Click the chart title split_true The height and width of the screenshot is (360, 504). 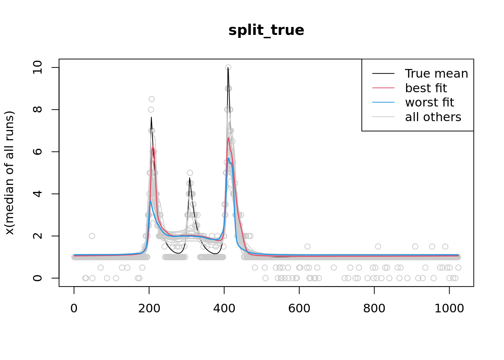click(x=266, y=30)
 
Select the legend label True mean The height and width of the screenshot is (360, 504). click(x=436, y=73)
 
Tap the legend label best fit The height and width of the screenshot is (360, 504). click(x=426, y=88)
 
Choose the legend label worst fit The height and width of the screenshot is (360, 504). click(x=429, y=102)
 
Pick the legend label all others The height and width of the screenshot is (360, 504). click(x=433, y=117)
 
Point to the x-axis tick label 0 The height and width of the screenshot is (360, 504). click(x=74, y=308)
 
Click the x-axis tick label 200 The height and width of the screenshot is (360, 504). click(x=149, y=308)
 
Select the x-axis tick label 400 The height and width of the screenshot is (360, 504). click(x=224, y=308)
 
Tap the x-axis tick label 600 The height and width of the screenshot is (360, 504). click(x=299, y=308)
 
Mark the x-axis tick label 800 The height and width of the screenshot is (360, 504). click(x=374, y=308)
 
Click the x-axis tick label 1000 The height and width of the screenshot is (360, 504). click(x=449, y=308)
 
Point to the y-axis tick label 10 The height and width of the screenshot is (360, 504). click(x=37, y=67)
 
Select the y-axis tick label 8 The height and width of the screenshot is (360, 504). click(x=37, y=109)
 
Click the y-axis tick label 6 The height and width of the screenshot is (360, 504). click(x=37, y=151)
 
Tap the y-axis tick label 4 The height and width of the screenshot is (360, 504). click(x=37, y=194)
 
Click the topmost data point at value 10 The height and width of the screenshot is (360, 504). click(x=228, y=67)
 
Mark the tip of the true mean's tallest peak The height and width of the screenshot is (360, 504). click(x=228, y=68)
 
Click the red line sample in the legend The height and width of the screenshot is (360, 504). click(x=383, y=88)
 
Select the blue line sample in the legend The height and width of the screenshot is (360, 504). click(x=383, y=102)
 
